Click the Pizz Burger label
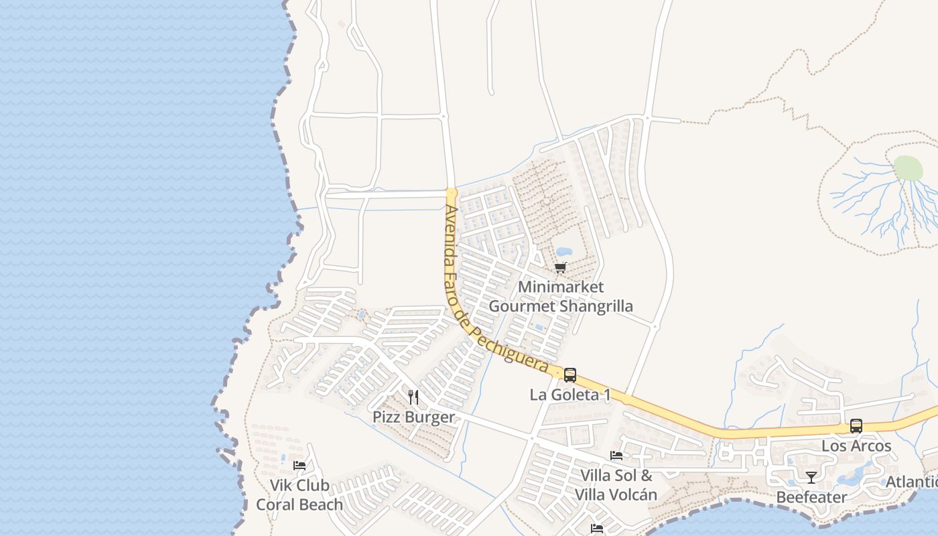(x=413, y=417)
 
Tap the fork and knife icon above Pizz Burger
(x=413, y=397)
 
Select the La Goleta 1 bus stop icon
(x=570, y=375)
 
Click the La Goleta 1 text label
(x=570, y=395)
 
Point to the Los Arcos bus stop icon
(x=856, y=426)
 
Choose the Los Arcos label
(x=856, y=446)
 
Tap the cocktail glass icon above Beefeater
(x=811, y=477)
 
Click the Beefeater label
(x=811, y=497)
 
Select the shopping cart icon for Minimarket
(x=561, y=268)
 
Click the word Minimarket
(x=561, y=287)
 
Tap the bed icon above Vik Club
(x=299, y=465)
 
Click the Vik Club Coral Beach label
(x=299, y=494)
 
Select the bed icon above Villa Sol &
(x=616, y=456)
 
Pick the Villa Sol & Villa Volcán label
(x=616, y=485)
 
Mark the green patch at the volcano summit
(x=908, y=167)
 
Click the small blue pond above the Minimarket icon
(x=563, y=252)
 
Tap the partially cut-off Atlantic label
(x=912, y=482)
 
